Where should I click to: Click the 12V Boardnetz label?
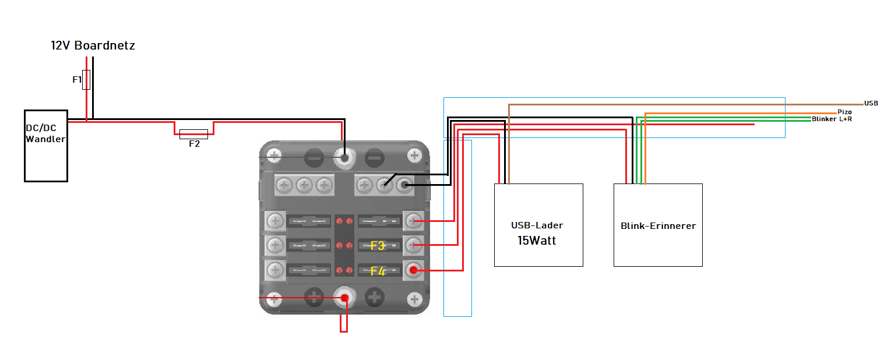[93, 45]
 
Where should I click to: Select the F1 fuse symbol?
[86, 80]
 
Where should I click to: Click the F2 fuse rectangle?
[193, 134]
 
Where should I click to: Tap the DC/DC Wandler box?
[45, 146]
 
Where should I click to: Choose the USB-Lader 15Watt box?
[538, 225]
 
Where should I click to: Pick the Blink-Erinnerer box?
[658, 225]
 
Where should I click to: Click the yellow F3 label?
[378, 246]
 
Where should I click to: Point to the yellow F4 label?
[378, 271]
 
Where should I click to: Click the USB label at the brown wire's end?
[871, 103]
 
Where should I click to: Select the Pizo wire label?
[844, 111]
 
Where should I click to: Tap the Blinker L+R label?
[832, 119]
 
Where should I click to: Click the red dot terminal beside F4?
[414, 270]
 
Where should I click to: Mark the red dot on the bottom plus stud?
[344, 298]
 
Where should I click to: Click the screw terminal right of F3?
[414, 245]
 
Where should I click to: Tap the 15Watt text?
[537, 240]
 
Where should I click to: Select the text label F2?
[194, 144]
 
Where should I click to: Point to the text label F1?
[77, 80]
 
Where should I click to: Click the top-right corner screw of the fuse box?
[414, 156]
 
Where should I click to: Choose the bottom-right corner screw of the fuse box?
[414, 299]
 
